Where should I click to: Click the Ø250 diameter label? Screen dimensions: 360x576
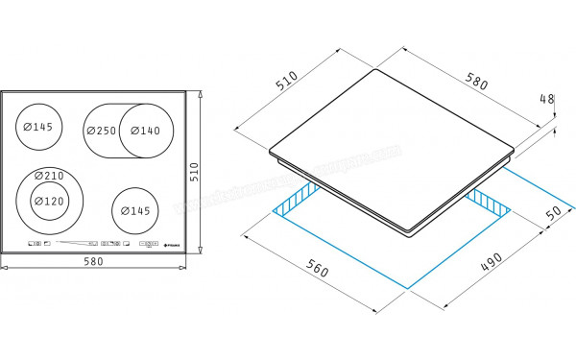tap(101, 131)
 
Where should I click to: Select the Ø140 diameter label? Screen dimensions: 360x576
tap(146, 131)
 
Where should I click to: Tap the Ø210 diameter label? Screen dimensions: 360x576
tap(48, 176)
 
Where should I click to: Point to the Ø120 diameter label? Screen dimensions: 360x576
tap(48, 202)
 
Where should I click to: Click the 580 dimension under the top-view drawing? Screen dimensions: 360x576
tap(94, 261)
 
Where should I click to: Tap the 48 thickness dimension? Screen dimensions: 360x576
tap(548, 99)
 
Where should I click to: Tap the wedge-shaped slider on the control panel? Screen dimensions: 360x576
tap(77, 244)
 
